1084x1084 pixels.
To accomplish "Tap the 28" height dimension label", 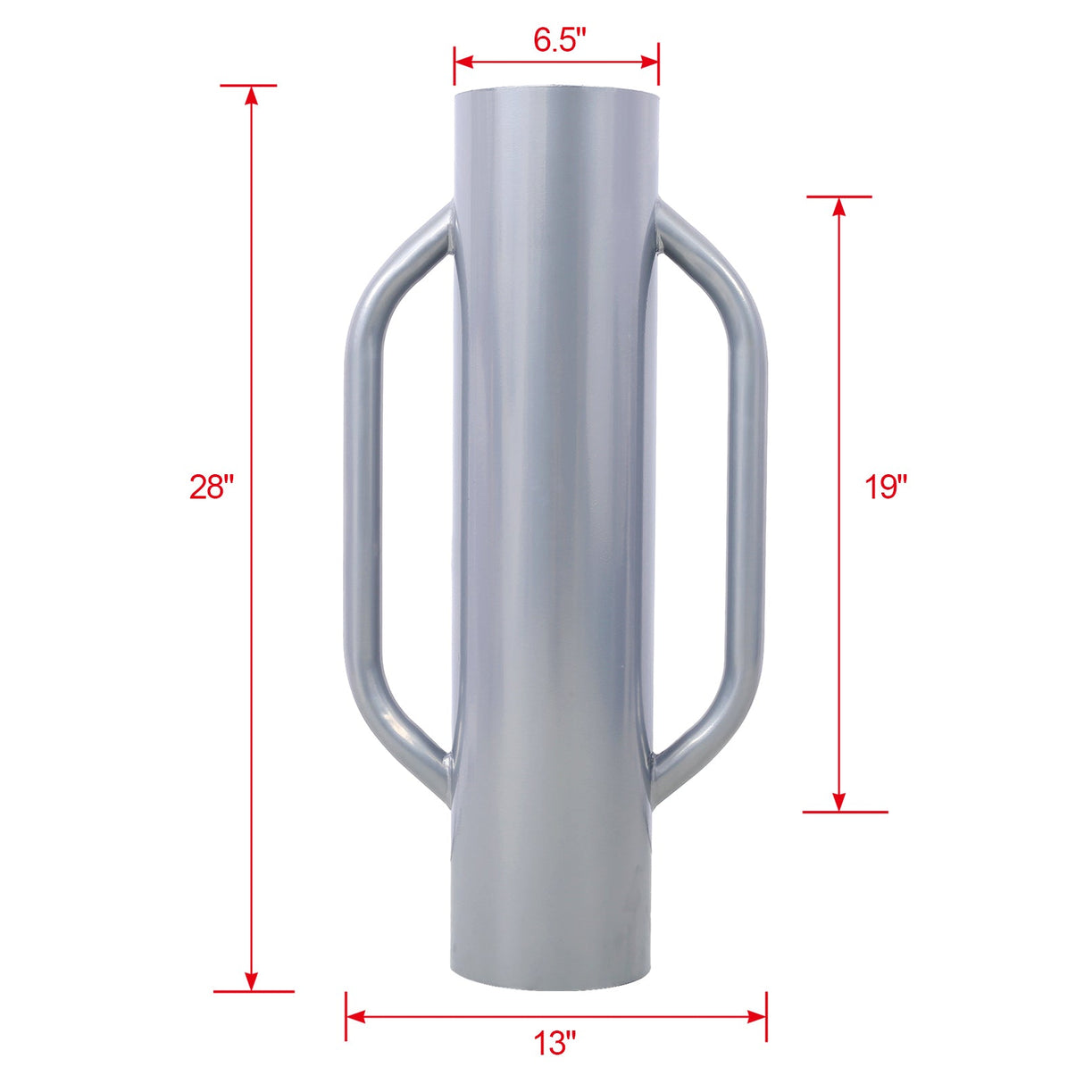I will tap(212, 488).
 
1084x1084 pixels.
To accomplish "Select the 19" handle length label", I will tap(885, 488).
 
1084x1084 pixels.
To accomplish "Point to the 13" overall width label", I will tap(555, 1042).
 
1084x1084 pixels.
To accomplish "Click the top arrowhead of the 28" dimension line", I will tap(252, 95).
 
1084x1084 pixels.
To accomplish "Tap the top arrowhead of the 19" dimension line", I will tap(838, 205).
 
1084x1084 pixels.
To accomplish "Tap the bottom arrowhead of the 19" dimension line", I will tap(838, 802).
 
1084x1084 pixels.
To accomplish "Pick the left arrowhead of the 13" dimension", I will tap(355, 1016).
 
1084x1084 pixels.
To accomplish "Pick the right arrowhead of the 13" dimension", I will tap(757, 1016).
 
